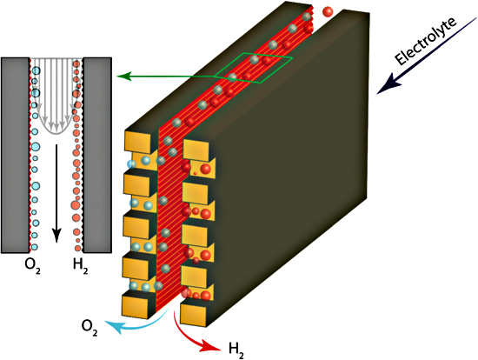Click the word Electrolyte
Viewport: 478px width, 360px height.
(x=426, y=41)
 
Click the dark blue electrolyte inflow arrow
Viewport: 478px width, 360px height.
(x=427, y=55)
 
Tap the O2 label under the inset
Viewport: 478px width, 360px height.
(x=33, y=266)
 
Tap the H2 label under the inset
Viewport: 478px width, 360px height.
(x=81, y=266)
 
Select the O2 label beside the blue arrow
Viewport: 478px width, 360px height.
(x=90, y=328)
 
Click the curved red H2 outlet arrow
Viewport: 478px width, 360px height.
(x=189, y=337)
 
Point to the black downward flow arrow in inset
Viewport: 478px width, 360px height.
(x=56, y=193)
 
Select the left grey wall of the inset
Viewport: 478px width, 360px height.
(x=16, y=155)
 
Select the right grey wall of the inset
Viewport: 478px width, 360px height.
(x=97, y=155)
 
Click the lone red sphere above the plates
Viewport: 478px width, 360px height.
(x=328, y=12)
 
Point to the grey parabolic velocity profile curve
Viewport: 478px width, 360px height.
(x=56, y=134)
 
